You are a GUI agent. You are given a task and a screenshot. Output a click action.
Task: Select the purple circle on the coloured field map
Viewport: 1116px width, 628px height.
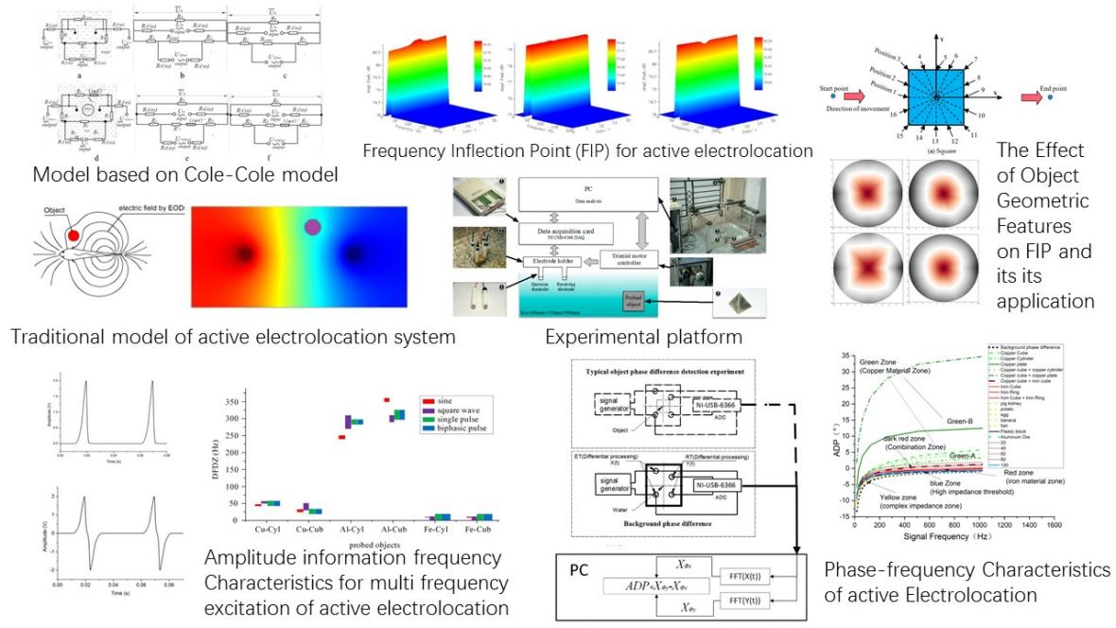tap(313, 227)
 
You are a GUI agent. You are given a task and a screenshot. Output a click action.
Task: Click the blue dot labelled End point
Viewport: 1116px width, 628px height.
tap(1051, 96)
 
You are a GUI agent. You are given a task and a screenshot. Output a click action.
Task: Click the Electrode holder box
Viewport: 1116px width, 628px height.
tap(549, 260)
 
